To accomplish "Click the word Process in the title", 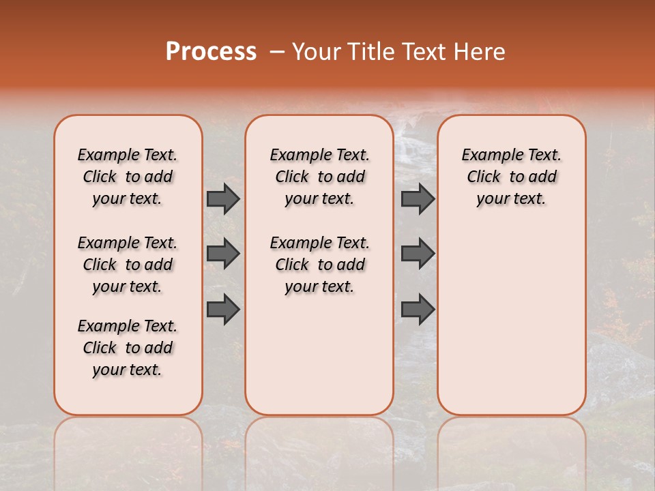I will [x=211, y=52].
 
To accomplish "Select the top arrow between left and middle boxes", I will [x=223, y=198].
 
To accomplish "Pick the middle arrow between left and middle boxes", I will [x=223, y=254].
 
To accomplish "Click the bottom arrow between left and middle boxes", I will [x=223, y=310].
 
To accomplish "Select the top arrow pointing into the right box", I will [x=418, y=198].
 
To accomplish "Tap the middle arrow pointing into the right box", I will [x=418, y=254].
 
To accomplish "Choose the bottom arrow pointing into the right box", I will [x=418, y=310].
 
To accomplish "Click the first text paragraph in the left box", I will [x=128, y=177].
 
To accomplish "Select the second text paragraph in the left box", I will [x=128, y=265].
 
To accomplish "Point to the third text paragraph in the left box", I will [x=128, y=348].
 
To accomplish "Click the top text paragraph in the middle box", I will [x=319, y=177].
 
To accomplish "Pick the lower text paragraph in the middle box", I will [x=319, y=265].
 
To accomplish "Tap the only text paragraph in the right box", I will [x=511, y=177].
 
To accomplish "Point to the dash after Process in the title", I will [x=277, y=52].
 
